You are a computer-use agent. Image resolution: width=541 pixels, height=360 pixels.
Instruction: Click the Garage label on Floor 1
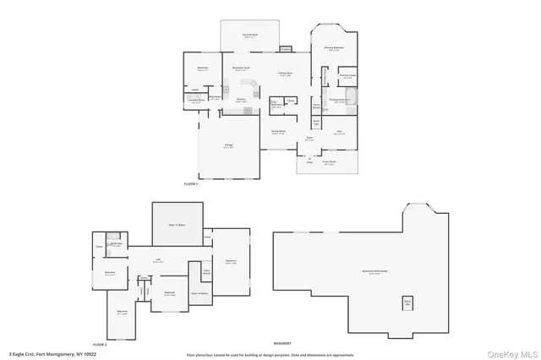tap(229, 146)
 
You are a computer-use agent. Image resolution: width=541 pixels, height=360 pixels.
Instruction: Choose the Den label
tap(339, 132)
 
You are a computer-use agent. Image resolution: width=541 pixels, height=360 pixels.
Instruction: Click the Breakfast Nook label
tap(239, 68)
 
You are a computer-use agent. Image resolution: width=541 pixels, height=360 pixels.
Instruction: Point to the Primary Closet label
tap(347, 77)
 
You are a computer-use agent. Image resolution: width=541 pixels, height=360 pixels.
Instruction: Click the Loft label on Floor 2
tap(158, 261)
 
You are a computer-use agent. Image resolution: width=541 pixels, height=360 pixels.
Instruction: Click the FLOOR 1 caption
tap(190, 183)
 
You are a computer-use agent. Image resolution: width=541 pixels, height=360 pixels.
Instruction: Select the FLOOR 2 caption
tap(100, 344)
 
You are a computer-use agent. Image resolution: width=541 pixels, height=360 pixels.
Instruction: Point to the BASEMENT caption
tap(282, 343)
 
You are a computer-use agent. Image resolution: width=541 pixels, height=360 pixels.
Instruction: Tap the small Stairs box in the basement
tap(407, 302)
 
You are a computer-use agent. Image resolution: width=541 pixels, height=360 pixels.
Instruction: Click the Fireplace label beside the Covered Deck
tap(285, 47)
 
